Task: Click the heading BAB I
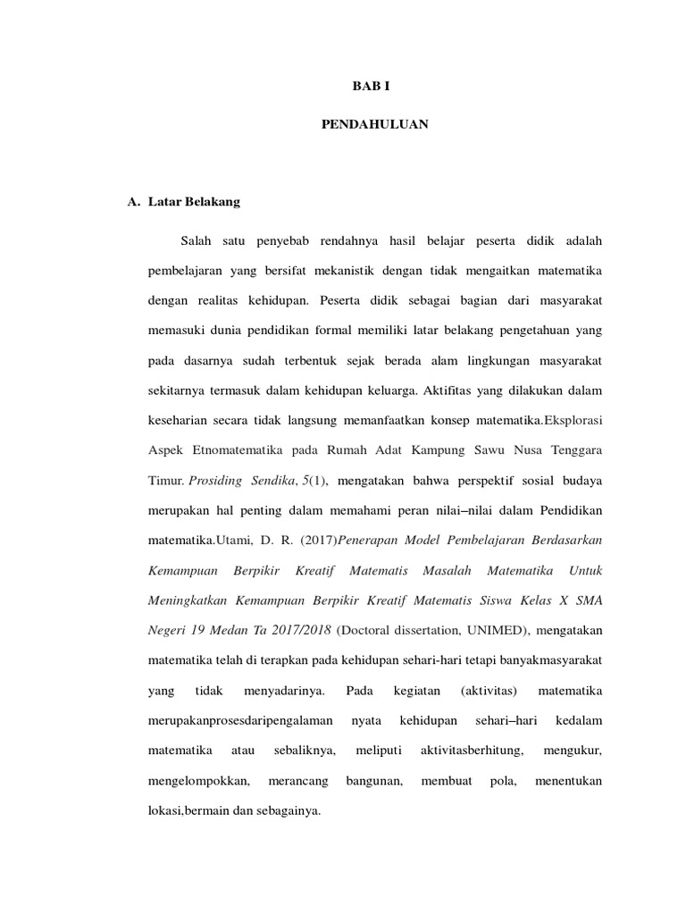374,88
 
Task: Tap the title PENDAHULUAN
374,125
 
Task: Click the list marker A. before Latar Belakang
136,202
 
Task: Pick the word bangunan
374,781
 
